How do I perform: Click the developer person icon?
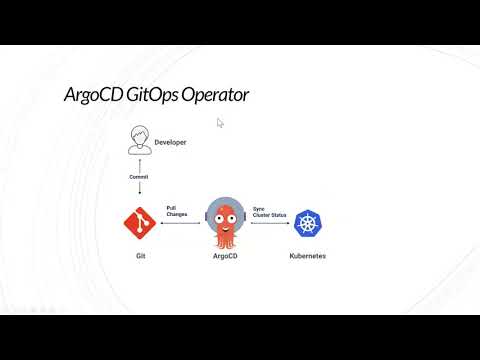140,141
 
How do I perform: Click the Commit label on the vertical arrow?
140,176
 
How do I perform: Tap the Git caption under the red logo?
141,256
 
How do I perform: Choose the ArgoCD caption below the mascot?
226,256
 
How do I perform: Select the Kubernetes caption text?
307,256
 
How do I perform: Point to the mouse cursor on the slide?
220,123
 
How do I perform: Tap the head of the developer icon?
140,135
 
